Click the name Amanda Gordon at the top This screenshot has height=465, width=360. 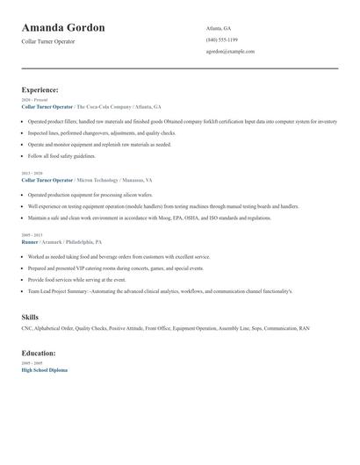(63, 28)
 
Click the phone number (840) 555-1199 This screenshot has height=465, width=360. (222, 39)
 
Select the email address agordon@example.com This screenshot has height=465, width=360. (230, 51)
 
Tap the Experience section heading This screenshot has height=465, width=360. (40, 89)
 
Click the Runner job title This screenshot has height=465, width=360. (30, 241)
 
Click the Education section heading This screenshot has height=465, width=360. (39, 353)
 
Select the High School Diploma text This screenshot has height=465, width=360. (44, 369)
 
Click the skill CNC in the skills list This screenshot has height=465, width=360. (27, 328)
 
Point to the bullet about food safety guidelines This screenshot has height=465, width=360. (74, 155)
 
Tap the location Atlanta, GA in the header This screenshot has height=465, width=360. (219, 28)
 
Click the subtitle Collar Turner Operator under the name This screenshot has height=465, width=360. (49, 42)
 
